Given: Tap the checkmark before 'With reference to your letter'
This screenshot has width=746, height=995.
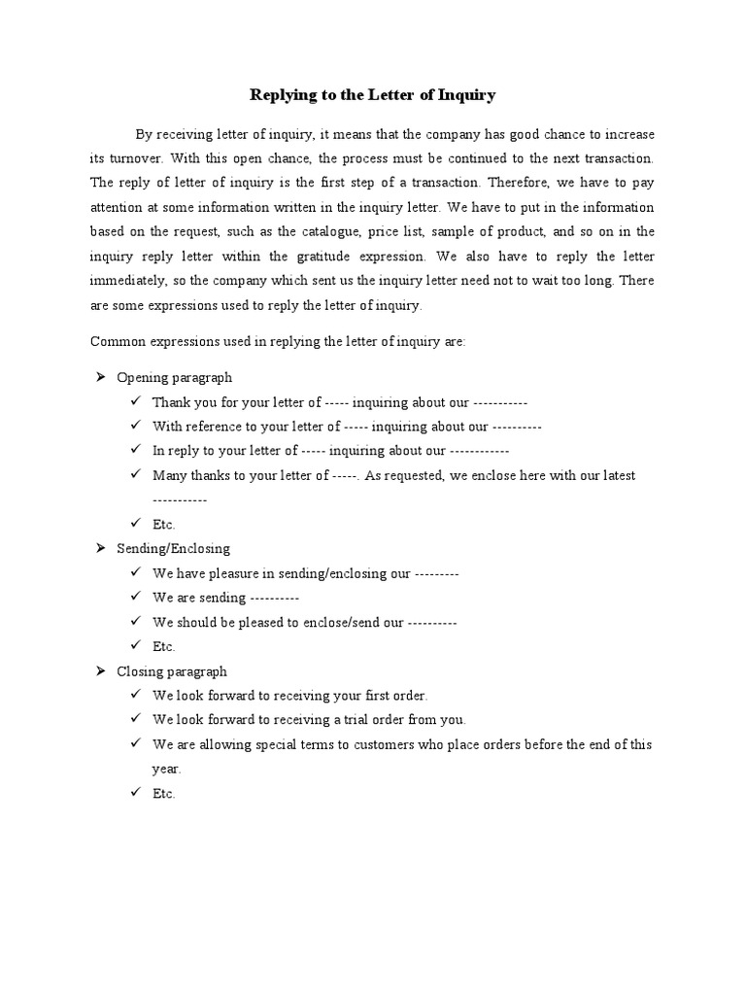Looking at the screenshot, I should [x=134, y=426].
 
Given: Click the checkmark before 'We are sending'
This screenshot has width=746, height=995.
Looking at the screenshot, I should [x=134, y=598].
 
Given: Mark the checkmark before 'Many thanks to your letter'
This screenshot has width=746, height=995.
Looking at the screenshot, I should [x=134, y=475].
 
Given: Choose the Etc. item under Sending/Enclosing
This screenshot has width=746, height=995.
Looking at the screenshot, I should [x=163, y=647].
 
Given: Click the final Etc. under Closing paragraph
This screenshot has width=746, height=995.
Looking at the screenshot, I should [x=163, y=794].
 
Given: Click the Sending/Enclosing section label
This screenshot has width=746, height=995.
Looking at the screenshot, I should [x=173, y=549].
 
